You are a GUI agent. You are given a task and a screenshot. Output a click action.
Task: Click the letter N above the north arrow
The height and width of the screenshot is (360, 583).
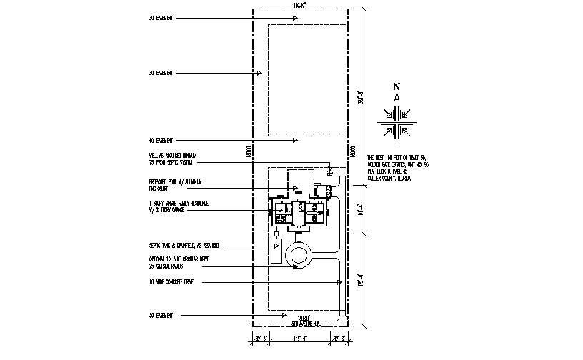tap(397, 87)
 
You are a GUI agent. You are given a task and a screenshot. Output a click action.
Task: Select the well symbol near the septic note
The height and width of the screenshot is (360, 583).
tap(329, 173)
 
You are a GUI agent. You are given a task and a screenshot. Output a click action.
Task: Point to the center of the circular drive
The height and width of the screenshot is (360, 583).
tap(299, 255)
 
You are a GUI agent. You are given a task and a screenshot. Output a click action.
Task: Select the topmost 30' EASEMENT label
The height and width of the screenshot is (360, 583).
tap(161, 15)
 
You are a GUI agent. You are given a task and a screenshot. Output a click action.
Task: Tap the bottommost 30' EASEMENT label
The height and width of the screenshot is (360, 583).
tap(161, 315)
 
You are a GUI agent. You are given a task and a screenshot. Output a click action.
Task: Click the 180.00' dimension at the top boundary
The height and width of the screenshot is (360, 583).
tap(299, 6)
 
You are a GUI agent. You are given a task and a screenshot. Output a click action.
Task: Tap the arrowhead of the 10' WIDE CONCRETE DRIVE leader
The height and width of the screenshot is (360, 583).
tap(340, 283)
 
